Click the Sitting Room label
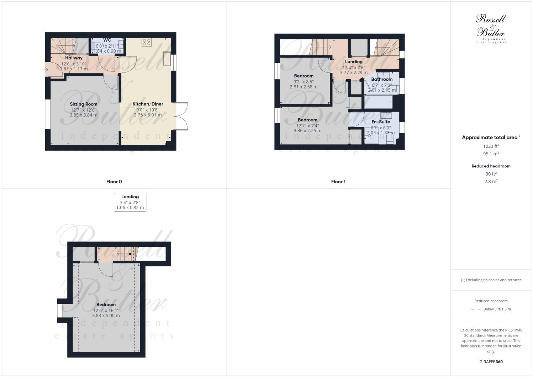[x=84, y=104]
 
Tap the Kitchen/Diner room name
[x=148, y=104]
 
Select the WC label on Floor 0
[x=107, y=40]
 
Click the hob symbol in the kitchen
[x=146, y=42]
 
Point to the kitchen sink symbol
[x=167, y=59]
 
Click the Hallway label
[x=74, y=58]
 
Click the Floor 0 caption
[x=114, y=182]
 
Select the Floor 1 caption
[x=338, y=182]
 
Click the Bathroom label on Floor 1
[x=382, y=79]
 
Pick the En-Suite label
[x=381, y=122]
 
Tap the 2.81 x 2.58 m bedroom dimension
[x=304, y=87]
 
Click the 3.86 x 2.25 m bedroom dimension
[x=307, y=131]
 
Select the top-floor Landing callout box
[x=130, y=202]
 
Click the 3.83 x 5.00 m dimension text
[x=106, y=316]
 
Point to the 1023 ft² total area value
[x=491, y=146]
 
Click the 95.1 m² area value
[x=491, y=154]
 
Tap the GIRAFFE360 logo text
[x=491, y=362]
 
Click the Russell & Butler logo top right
[x=491, y=28]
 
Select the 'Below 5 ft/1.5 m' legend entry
[x=497, y=309]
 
